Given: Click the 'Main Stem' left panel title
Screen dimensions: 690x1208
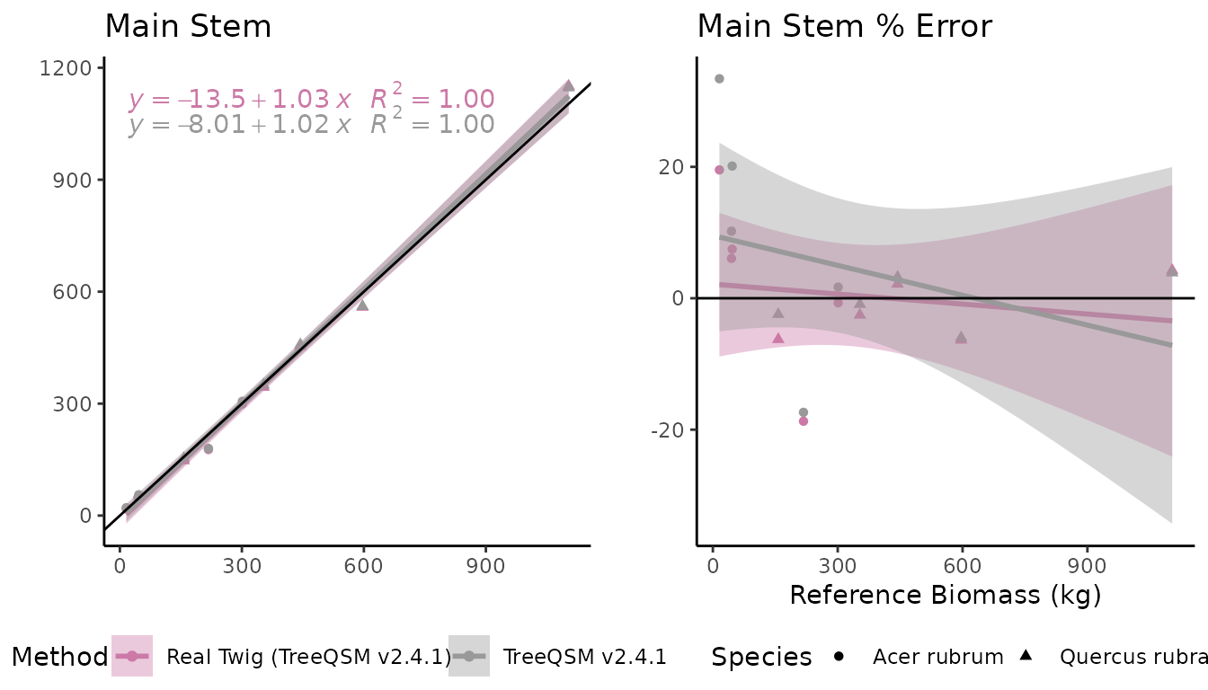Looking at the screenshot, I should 188,26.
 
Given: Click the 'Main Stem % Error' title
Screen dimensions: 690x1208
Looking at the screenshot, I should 844,26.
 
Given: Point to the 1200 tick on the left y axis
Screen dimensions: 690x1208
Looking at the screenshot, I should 72,68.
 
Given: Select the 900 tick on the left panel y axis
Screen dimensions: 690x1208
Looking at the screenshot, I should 77,180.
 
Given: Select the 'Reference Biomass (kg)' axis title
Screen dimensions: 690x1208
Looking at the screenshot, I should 945,595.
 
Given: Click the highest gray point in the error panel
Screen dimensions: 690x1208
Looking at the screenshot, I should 719,79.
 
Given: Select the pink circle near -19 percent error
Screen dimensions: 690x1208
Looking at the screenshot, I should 804,420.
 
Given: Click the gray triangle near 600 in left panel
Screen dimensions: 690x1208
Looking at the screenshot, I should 362,305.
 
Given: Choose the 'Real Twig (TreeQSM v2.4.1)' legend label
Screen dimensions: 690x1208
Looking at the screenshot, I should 308,657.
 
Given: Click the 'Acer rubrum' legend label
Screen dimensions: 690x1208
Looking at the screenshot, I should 937,657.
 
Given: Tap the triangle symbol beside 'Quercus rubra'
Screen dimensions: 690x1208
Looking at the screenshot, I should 1026,656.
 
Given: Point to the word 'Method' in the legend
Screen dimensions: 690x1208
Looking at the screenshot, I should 59,657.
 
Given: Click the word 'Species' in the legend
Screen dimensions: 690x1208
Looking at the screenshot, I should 761,657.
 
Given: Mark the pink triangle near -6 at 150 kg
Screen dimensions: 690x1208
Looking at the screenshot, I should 778,338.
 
